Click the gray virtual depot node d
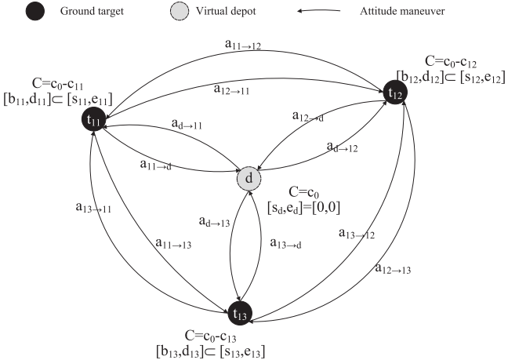(x=249, y=178)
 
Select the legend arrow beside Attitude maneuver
(x=321, y=12)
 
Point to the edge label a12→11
(x=232, y=89)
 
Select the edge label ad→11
(x=188, y=124)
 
